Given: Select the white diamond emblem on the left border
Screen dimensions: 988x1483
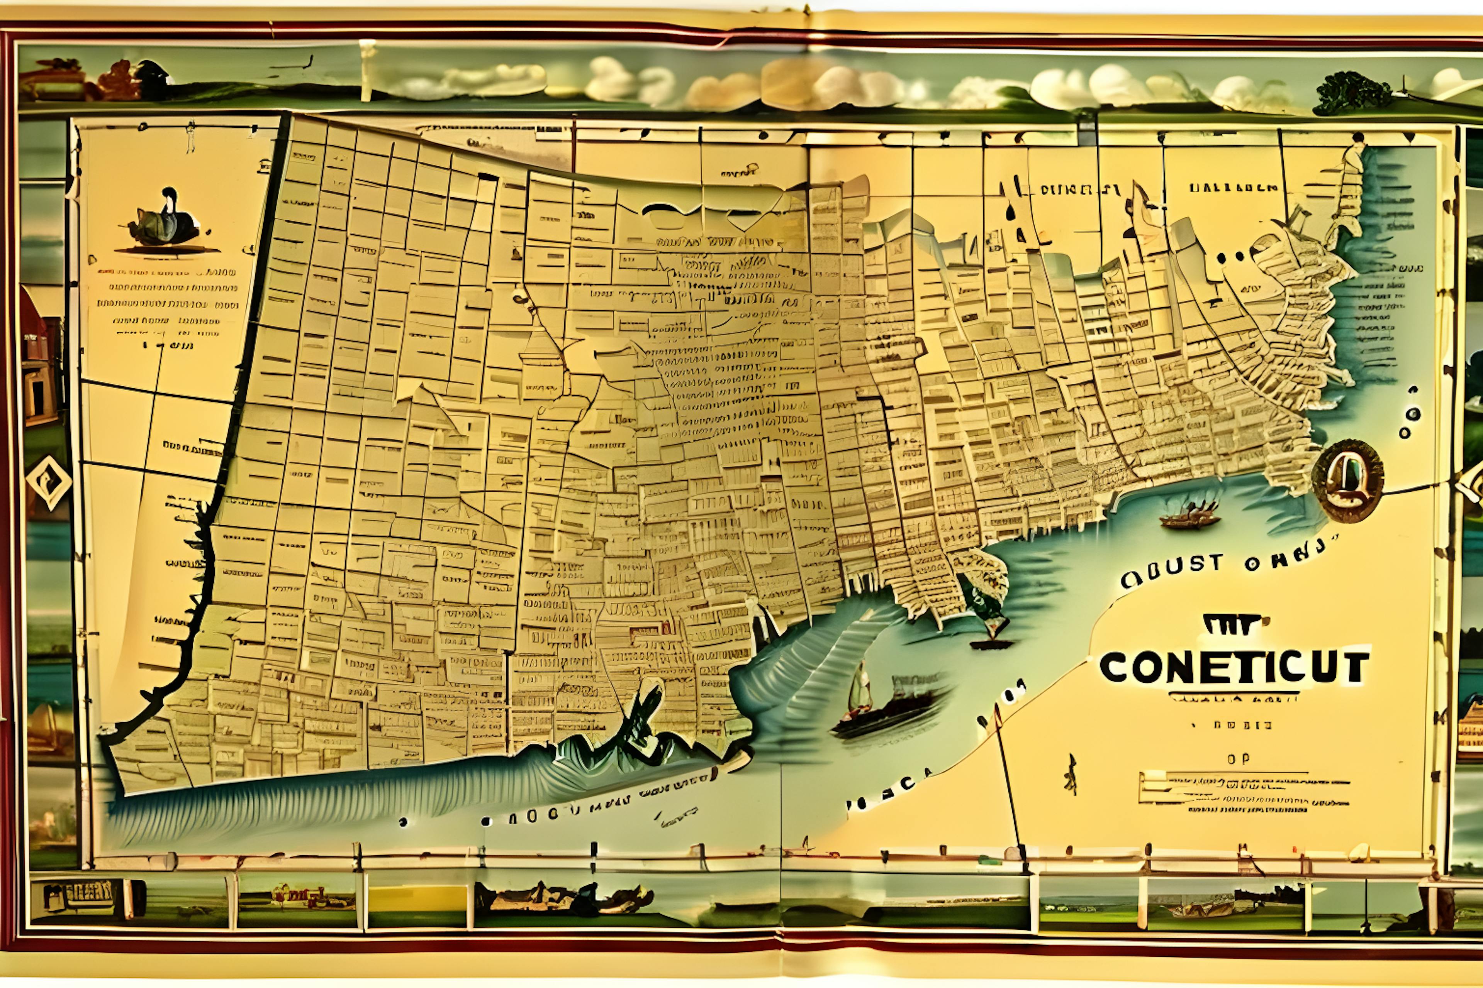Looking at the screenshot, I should pyautogui.click(x=49, y=482).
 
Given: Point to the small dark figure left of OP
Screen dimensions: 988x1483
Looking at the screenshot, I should pyautogui.click(x=1070, y=773).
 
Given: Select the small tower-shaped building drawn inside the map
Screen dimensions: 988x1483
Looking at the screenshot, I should pyautogui.click(x=540, y=365).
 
